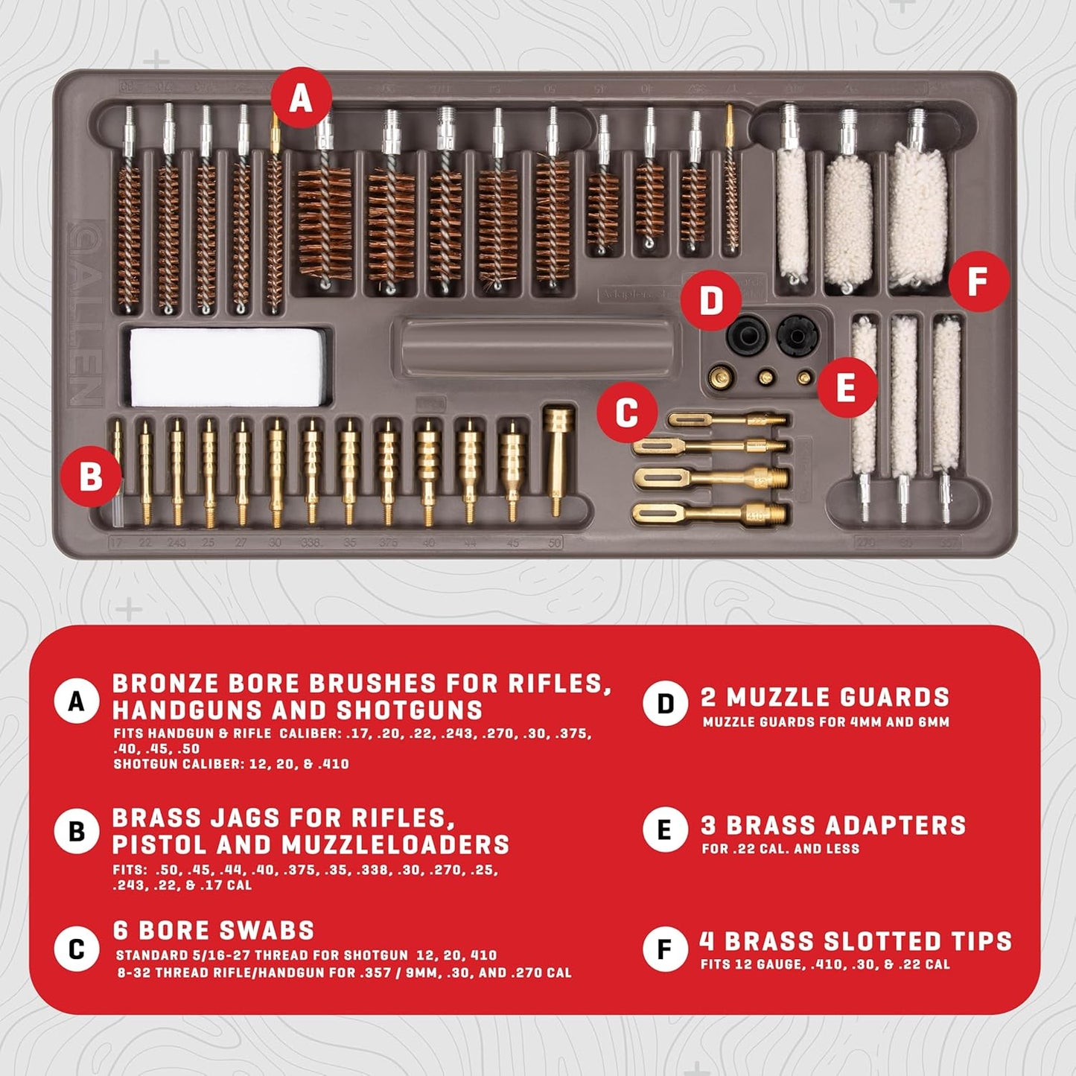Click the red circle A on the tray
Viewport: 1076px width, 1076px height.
(x=300, y=98)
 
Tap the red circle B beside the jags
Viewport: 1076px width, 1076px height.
(x=91, y=475)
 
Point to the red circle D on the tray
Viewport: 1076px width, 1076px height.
(x=711, y=301)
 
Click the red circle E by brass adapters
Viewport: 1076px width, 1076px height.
(x=846, y=387)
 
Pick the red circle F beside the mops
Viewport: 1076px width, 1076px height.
(x=978, y=282)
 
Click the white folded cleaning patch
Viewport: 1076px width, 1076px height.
(x=227, y=366)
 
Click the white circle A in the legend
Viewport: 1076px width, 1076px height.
(x=76, y=701)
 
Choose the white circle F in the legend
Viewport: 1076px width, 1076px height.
(x=664, y=949)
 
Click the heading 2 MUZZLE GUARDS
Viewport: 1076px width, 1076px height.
(x=825, y=698)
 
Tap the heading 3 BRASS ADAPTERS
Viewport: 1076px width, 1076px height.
(x=833, y=825)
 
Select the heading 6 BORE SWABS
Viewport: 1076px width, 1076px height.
(x=214, y=930)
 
